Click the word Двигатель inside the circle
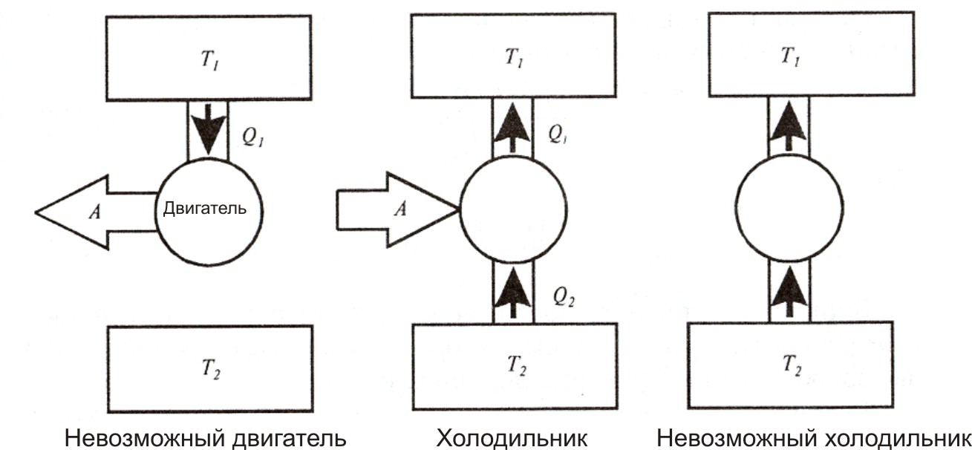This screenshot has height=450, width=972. coord(209,210)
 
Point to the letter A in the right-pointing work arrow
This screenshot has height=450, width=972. coord(399,210)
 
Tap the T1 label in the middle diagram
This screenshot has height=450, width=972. coord(513,59)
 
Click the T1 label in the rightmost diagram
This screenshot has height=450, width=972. coord(789,56)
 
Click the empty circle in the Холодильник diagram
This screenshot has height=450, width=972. coord(513,209)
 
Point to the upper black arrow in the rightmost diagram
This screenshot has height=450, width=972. coord(789,125)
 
